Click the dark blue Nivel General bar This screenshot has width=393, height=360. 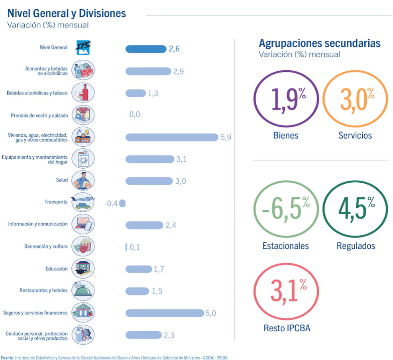coord(145,49)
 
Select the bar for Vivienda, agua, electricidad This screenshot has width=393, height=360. coord(172,137)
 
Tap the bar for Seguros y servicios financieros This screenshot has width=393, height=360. coord(164,313)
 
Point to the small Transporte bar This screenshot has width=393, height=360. coord(122,203)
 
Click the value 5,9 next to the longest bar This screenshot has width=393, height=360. coord(226,137)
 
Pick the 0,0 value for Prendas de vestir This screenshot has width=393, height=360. coord(135,115)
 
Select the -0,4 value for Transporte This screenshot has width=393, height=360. coord(111,203)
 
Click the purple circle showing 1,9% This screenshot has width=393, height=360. coord(286,99)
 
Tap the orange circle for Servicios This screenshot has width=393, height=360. coord(355,99)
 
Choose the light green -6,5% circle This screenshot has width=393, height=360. coord(286,209)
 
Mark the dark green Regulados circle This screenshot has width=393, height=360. coord(355,209)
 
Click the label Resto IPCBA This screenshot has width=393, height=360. coord(287,329)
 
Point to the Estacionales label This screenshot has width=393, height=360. coord(285,246)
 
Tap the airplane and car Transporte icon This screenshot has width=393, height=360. coord(83,202)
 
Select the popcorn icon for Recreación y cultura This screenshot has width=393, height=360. coord(83,246)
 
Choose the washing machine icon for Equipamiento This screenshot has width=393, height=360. coord(83,159)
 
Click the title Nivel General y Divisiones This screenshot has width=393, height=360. coord(67,13)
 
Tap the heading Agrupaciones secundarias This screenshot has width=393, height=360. coord(320,43)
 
